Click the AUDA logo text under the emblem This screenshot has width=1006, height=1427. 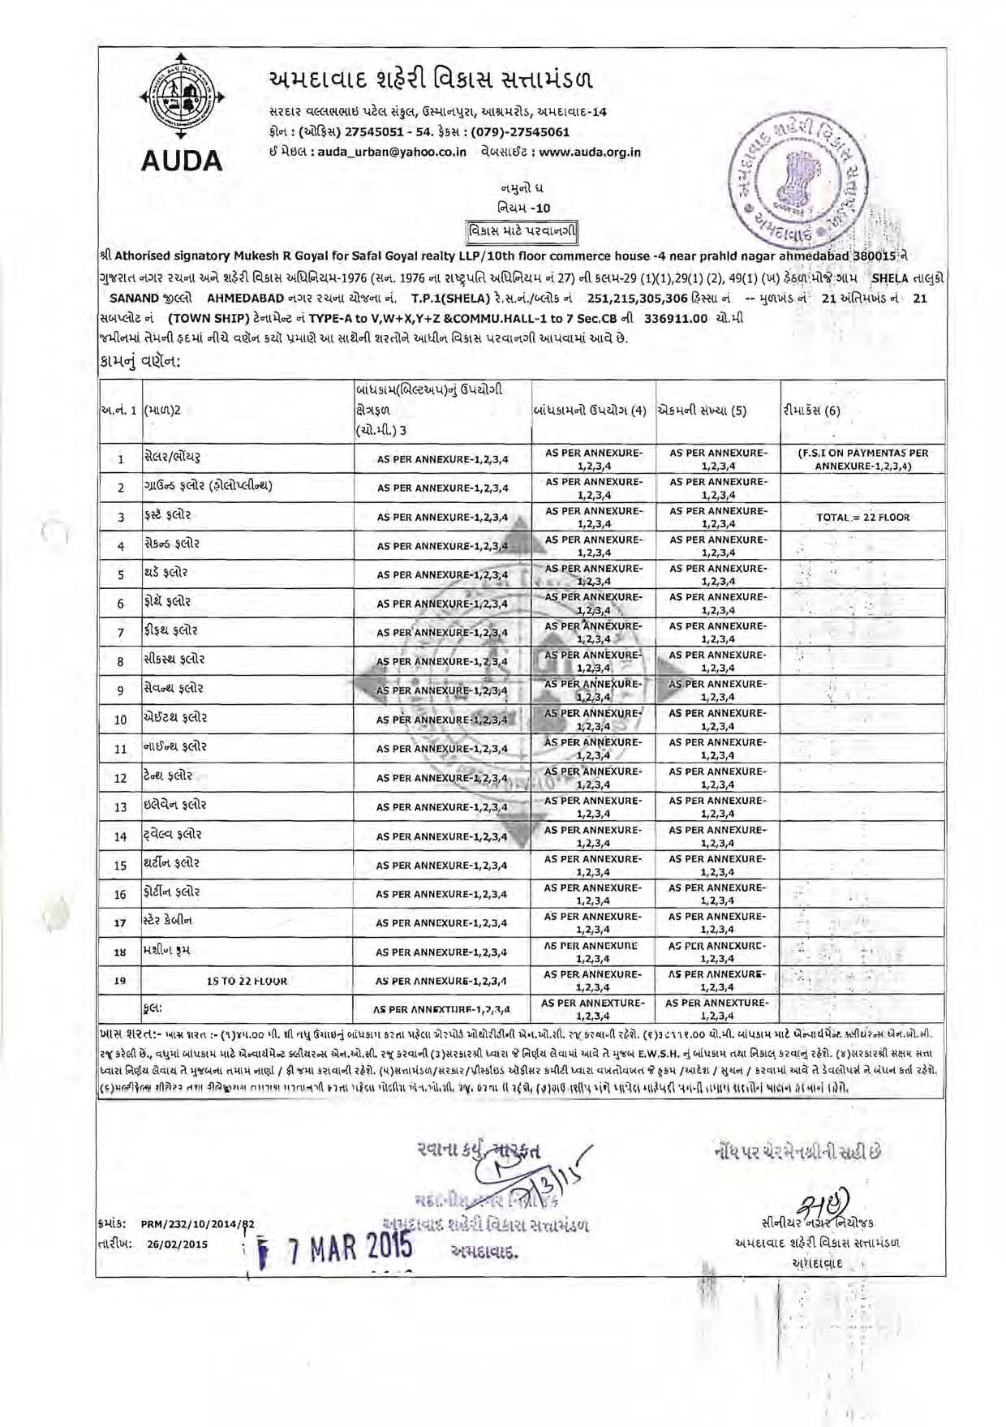point(182,161)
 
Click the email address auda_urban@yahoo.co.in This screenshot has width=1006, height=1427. point(392,152)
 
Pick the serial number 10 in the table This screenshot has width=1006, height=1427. point(120,720)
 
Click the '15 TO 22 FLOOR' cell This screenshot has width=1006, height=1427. point(247,981)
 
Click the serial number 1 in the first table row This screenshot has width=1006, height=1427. point(120,459)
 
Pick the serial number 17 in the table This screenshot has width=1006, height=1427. point(120,922)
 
